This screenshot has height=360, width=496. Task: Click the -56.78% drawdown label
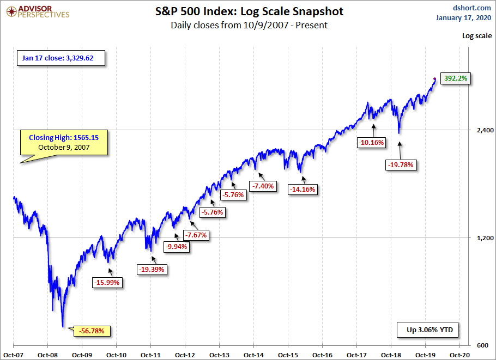point(95,331)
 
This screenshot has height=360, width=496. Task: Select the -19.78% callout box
point(400,164)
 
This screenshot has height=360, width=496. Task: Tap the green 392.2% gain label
point(455,78)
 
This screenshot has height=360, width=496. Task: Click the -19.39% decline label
point(152,269)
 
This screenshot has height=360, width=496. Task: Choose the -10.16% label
point(372,143)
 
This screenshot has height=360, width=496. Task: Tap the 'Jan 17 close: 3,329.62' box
point(62,58)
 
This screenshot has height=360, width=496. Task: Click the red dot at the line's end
point(434,79)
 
